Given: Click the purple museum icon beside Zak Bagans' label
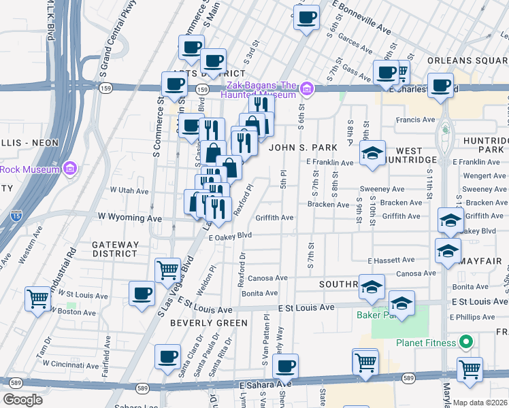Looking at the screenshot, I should click(307, 88).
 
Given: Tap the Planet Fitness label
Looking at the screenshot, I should click(425, 343).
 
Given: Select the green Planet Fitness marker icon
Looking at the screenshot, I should click(466, 342).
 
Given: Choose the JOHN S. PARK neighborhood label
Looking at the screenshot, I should click(303, 147).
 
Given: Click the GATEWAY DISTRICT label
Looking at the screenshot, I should click(116, 249).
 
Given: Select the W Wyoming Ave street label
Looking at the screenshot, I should click(129, 218).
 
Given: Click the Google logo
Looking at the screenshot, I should click(22, 399).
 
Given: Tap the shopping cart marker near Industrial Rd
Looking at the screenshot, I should click(37, 299).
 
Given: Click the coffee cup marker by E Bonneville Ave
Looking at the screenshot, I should click(307, 16).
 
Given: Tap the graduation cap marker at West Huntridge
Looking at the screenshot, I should click(372, 153).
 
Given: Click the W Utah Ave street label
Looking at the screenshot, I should click(129, 191).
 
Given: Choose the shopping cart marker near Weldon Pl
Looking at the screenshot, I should click(167, 270).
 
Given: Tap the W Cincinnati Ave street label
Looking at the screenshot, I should click(68, 364).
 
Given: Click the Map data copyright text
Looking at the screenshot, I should click(480, 403).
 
